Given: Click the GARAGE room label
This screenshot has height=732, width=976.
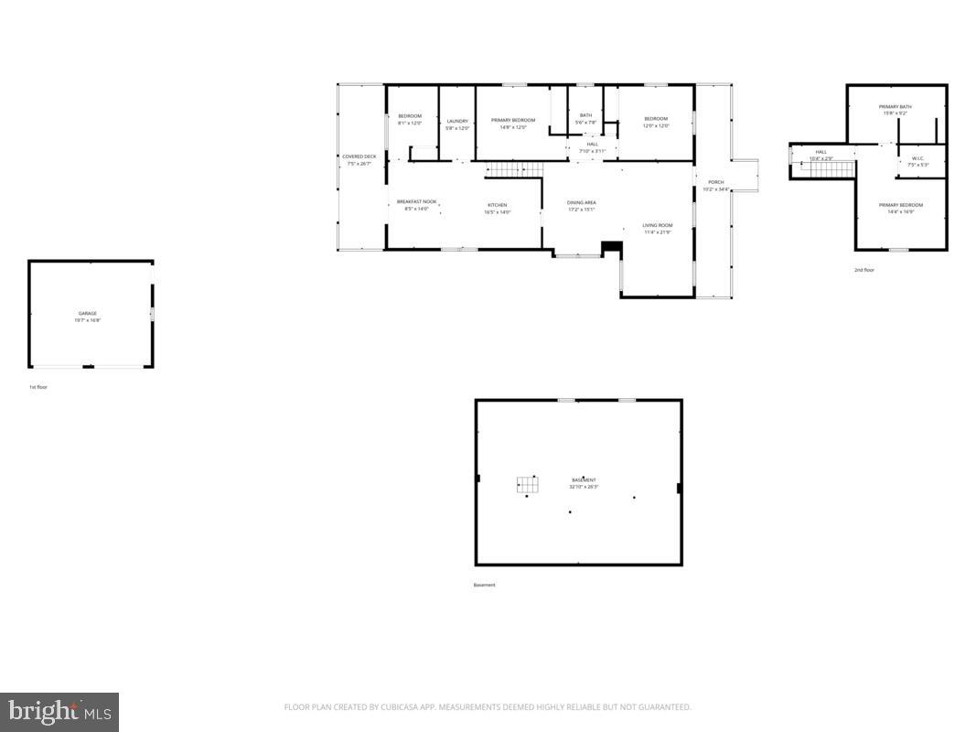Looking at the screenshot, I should click(x=88, y=314).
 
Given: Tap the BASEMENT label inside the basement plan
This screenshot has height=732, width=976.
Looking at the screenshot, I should click(x=584, y=480).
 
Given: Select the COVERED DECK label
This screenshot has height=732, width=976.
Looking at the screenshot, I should click(x=359, y=157).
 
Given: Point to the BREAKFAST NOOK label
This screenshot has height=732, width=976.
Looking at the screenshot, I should click(x=416, y=202).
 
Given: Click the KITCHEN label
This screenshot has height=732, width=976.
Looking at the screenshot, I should click(x=497, y=205).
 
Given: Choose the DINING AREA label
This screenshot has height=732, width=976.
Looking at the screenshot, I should click(x=582, y=203).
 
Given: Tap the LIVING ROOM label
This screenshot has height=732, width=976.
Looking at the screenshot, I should click(x=657, y=226).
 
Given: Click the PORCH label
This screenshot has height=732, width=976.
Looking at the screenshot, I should click(x=715, y=183).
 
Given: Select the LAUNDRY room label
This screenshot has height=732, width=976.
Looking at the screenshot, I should click(x=457, y=122).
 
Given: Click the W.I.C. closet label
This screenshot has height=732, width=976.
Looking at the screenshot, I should click(x=917, y=159).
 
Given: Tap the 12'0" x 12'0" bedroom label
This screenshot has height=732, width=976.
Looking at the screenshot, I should click(x=656, y=120).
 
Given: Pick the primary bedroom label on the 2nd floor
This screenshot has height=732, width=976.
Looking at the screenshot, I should click(x=900, y=206).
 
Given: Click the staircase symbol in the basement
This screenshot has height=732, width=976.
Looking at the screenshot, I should click(x=527, y=484).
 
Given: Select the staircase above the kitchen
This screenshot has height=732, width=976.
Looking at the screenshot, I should click(x=513, y=169).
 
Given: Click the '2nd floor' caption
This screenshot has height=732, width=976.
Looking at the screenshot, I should click(x=864, y=270).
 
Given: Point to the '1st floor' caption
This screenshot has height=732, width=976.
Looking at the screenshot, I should click(x=38, y=387).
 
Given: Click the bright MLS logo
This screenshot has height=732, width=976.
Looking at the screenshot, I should click(x=59, y=711).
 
